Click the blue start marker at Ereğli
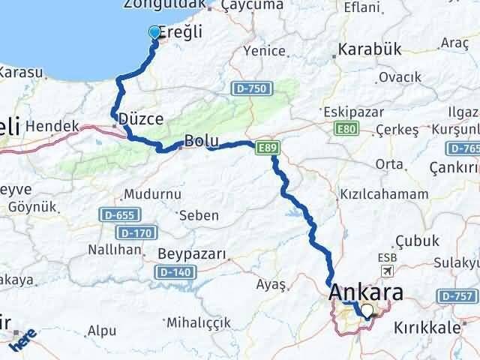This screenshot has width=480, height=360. (x=155, y=32)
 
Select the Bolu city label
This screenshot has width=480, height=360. (x=200, y=141)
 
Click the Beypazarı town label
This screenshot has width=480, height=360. (x=192, y=254)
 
